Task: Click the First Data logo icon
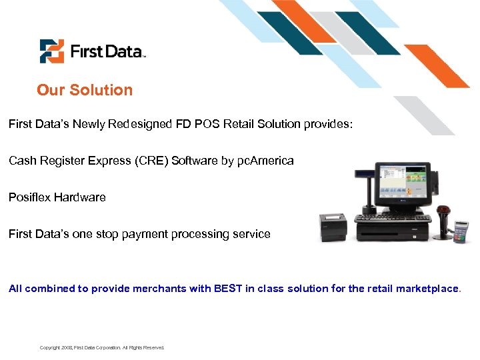click(51, 51)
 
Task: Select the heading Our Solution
click(85, 90)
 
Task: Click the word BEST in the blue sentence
click(228, 289)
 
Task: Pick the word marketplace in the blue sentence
click(427, 289)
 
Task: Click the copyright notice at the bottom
click(102, 347)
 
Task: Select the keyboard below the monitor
click(391, 219)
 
